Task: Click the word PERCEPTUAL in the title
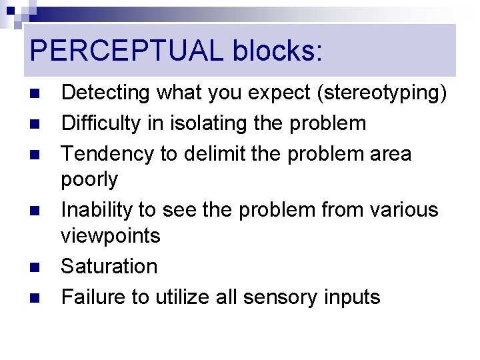pyautogui.click(x=127, y=51)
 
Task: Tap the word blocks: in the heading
pyautogui.click(x=277, y=51)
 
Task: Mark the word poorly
pyautogui.click(x=89, y=179)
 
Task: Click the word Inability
pyautogui.click(x=96, y=209)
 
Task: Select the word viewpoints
pyautogui.click(x=111, y=235)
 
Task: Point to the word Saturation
pyautogui.click(x=109, y=266)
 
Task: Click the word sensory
pyautogui.click(x=274, y=297)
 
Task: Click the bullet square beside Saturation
pyautogui.click(x=36, y=267)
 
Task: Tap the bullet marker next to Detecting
pyautogui.click(x=36, y=94)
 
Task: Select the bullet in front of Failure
pyautogui.click(x=36, y=297)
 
